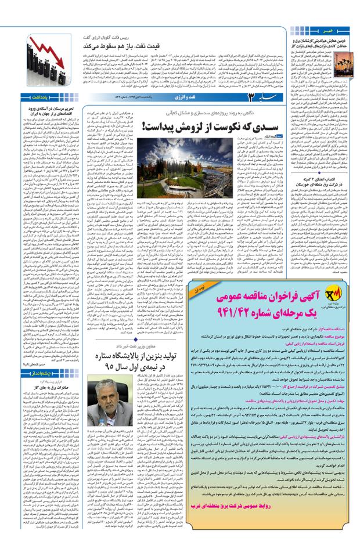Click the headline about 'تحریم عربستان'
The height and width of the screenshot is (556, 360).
tap(50, 110)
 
